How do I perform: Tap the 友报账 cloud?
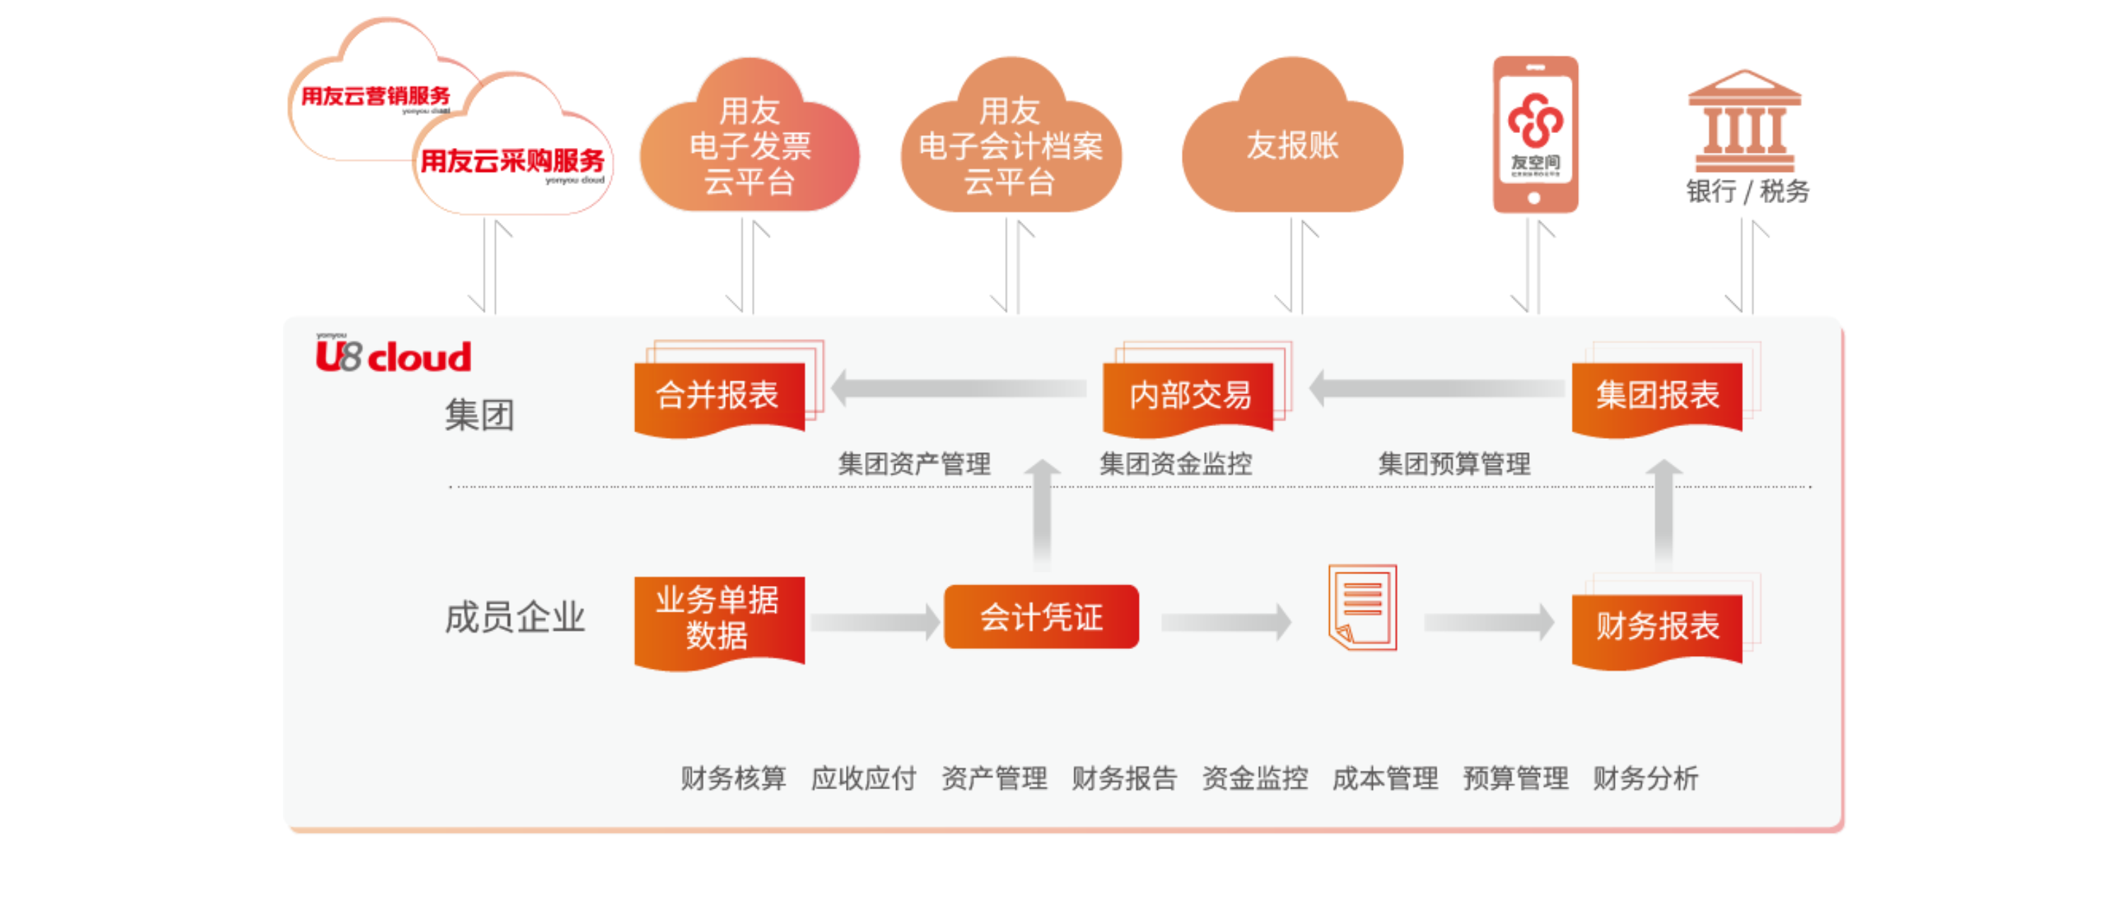point(1292,145)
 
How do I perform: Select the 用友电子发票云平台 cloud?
point(749,145)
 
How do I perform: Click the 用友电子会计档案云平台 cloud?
point(1010,145)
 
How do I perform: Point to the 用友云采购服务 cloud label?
point(511,161)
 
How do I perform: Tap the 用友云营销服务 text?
point(376,96)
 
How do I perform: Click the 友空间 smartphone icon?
point(1536,134)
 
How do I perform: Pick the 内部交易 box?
point(1189,396)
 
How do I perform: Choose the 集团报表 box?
point(1657,396)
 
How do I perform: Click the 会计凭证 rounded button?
point(1041,617)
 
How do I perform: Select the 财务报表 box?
point(1657,627)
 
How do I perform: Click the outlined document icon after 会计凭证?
point(1362,607)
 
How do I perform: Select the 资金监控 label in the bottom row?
point(1255,778)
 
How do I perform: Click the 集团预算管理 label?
point(1454,464)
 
